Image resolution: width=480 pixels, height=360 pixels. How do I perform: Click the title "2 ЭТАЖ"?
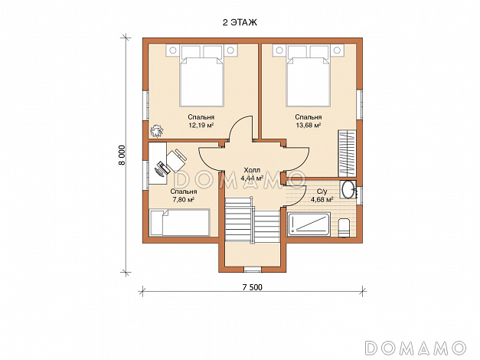point(240,22)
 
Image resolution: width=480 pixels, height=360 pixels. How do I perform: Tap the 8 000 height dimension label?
point(122,155)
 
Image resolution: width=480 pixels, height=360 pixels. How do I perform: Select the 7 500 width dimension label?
point(252,287)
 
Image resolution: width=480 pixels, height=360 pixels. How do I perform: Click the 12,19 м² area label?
point(201,125)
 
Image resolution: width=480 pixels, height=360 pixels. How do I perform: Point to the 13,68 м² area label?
point(309,125)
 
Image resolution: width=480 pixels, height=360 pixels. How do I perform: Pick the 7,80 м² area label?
point(183,200)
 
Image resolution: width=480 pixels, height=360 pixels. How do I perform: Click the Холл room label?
point(252,170)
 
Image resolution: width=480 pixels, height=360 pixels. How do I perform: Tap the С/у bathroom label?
point(322,191)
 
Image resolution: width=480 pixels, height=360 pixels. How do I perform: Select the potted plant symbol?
point(156,131)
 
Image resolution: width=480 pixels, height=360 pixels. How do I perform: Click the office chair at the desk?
point(176,160)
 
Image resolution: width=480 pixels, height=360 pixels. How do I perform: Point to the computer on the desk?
point(162,169)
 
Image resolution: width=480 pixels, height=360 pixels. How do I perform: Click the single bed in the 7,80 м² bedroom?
point(179,223)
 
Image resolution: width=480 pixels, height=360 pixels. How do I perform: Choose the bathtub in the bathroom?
point(309,224)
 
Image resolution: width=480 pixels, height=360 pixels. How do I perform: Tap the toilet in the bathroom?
point(344,227)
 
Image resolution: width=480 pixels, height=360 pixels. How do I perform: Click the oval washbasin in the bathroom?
point(348,190)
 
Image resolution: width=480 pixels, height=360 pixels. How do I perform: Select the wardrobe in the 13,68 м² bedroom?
point(347,154)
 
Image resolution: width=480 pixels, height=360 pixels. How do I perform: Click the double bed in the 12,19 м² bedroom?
point(201,76)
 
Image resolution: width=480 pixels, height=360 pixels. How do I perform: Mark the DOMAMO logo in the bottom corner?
point(416,348)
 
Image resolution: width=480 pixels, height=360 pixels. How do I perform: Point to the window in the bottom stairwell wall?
point(253,270)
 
